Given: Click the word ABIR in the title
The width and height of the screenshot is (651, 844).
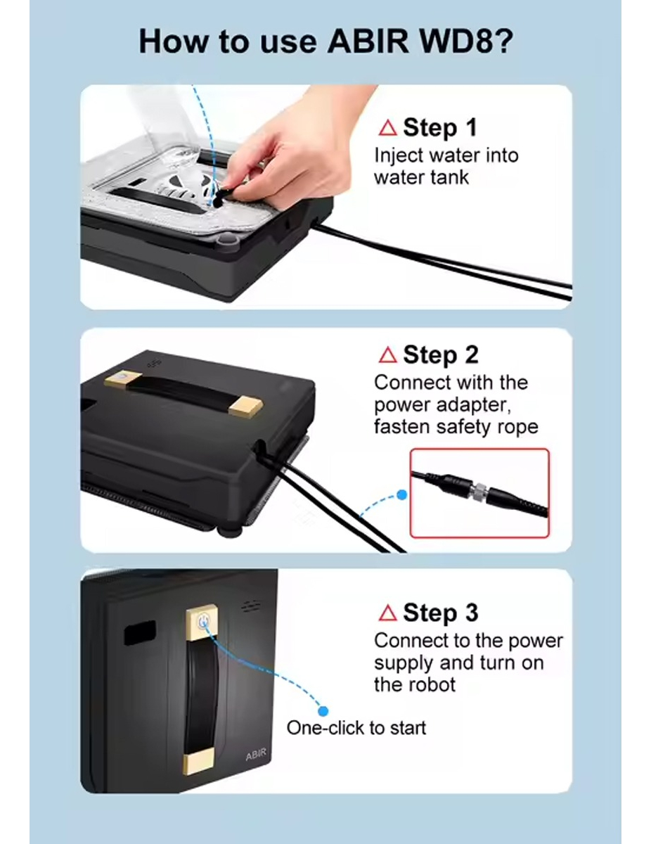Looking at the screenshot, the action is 368,41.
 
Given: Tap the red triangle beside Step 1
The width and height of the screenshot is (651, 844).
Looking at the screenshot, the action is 387,128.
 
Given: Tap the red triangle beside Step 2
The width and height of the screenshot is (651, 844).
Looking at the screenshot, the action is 387,355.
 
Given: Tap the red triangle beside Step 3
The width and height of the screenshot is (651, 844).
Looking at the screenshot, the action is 387,613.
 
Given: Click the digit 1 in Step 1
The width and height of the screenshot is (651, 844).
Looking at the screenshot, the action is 471,127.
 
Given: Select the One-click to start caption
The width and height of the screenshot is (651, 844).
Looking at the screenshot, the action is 356,727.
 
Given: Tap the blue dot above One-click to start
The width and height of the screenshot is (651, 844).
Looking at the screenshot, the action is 323,711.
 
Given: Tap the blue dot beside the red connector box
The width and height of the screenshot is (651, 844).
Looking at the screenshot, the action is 402,495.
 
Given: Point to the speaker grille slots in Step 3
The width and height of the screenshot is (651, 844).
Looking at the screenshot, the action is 250,606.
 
